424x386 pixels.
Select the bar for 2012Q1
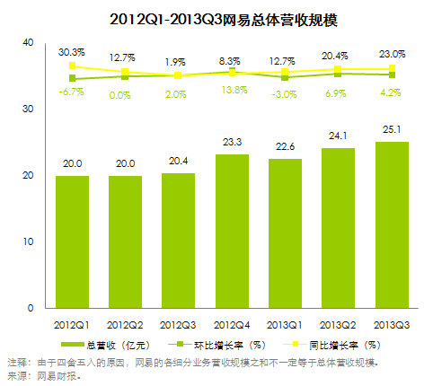pyautogui.click(x=73, y=241)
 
